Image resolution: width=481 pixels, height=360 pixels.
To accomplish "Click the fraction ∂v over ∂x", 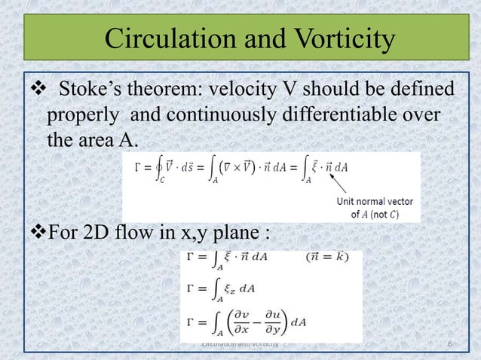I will pyautogui.click(x=249, y=322).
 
